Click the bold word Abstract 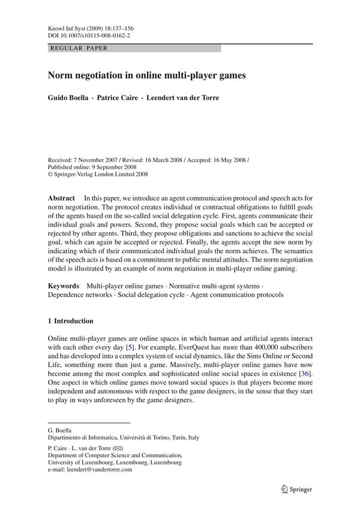tap(61, 197)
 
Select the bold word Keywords tap(64, 285)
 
